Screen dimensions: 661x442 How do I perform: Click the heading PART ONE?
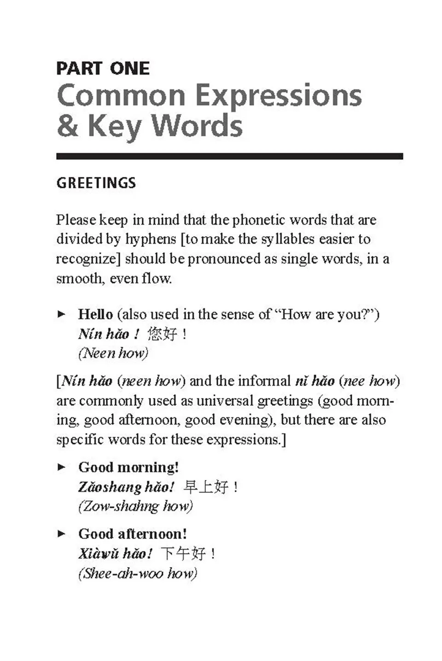coord(103,69)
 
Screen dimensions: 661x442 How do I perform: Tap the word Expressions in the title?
coord(279,96)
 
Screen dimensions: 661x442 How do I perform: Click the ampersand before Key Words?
coord(67,125)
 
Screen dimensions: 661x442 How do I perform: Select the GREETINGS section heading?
coord(96,183)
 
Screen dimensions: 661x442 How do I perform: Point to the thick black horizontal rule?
coord(229,156)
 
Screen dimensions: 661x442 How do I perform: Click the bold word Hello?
coord(95,314)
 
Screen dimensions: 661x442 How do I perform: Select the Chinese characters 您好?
coord(162,333)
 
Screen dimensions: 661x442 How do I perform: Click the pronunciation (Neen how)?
coord(113,353)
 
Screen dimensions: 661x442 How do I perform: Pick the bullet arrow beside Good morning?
coord(62,467)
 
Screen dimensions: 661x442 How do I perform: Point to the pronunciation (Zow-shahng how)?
coord(135,506)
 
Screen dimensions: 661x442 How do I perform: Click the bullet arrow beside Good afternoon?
coord(62,534)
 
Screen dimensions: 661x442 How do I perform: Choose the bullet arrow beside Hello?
coord(62,314)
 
